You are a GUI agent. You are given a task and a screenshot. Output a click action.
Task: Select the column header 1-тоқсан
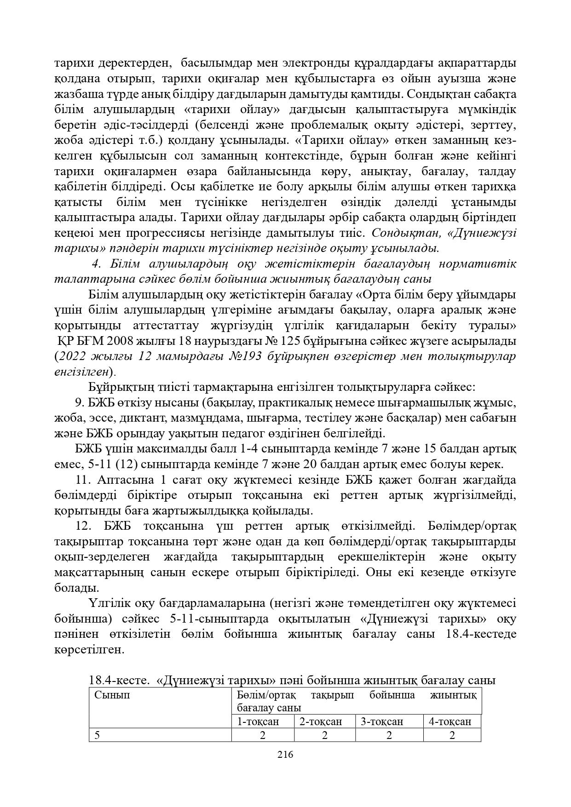(258, 721)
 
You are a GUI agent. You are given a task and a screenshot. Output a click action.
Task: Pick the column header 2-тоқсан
(321, 721)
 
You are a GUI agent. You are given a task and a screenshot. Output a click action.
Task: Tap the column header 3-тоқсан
(382, 721)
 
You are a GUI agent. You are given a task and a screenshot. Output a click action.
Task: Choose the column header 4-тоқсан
(450, 721)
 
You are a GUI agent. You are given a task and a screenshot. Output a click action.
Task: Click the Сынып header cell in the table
(112, 695)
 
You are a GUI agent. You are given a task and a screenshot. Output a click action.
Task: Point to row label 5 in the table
(98, 735)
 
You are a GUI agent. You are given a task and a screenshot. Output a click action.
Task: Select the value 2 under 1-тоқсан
(263, 735)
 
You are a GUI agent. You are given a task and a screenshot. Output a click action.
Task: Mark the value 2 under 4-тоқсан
(452, 735)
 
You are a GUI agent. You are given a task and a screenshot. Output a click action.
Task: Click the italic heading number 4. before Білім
(96, 264)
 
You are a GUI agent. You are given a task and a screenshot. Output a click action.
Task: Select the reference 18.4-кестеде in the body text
(481, 634)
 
